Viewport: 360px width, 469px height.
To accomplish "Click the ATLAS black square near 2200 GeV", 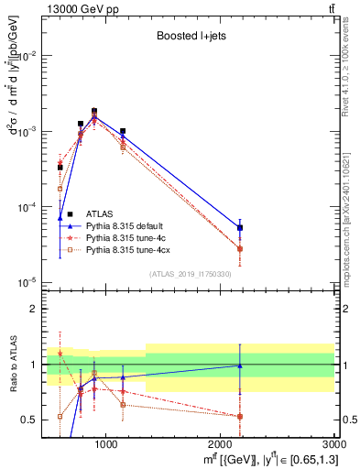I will point(240,228).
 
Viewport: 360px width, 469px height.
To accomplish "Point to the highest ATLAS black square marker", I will point(94,111).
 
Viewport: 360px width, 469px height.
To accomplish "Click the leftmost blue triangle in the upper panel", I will point(60,218).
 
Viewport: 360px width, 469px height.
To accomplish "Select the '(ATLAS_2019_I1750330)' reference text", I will point(190,274).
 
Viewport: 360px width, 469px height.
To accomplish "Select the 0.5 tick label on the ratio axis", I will point(33,420).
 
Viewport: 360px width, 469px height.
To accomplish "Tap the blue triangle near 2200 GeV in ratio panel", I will point(240,365).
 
